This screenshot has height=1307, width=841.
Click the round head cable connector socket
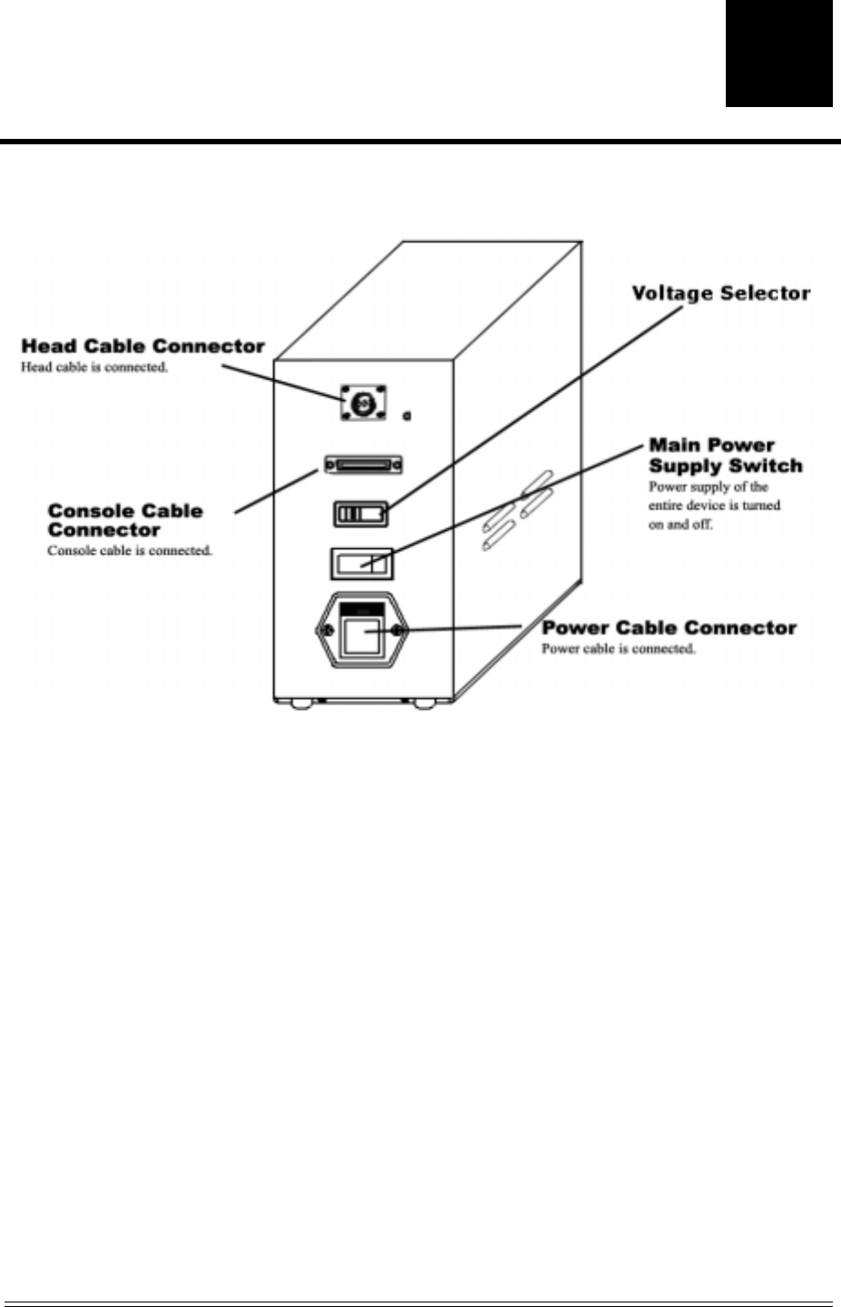point(362,399)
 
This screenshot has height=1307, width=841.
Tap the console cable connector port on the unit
point(364,466)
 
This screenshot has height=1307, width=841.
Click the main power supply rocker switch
point(361,564)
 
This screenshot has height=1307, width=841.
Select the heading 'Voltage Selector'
point(720,293)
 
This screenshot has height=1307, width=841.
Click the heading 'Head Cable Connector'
point(142,346)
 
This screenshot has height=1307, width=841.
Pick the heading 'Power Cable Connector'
point(669,628)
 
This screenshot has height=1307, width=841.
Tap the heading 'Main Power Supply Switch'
point(725,456)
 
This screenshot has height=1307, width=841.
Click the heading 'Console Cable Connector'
point(125,520)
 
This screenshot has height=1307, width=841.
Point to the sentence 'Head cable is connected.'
point(94,368)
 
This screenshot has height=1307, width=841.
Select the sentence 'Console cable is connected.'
point(130,551)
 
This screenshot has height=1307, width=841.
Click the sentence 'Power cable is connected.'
point(618,649)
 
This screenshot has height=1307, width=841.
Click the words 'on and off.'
point(680,525)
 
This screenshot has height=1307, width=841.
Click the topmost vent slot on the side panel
point(535,482)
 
